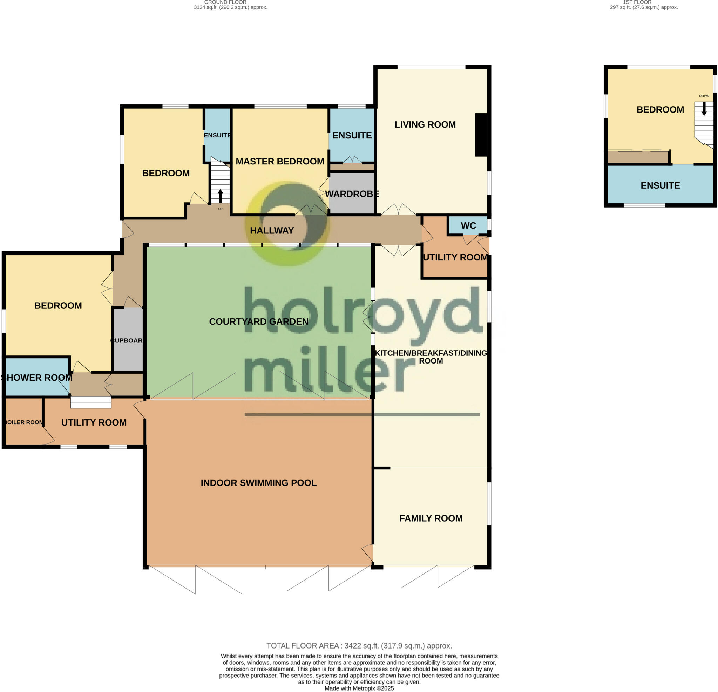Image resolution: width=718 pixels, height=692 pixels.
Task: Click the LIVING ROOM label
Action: pos(425,124)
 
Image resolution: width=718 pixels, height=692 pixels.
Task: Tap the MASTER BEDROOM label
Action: pos(280,161)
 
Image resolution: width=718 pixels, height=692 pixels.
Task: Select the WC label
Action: pos(468,226)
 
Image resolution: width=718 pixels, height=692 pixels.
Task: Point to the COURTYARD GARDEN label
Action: pos(259,322)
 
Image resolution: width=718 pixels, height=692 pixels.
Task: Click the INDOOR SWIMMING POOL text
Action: pos(259,483)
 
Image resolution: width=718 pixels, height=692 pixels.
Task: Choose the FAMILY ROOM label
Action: pos(431,518)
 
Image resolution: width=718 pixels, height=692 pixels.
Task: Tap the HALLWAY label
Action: pos(272,230)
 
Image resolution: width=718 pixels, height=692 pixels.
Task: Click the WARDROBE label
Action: pos(352,194)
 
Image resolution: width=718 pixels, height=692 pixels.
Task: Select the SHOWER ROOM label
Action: pos(36,378)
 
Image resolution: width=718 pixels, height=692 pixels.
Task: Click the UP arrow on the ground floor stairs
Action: pos(220,196)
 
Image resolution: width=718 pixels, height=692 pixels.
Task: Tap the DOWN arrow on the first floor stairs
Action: pos(704,108)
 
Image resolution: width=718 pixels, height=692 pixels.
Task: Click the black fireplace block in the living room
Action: pos(481,135)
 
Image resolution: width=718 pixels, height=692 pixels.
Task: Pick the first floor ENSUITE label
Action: pos(660,185)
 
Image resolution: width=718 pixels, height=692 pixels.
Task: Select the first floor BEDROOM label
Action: pos(660,109)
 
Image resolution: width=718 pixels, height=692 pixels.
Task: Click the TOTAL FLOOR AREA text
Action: pos(359,646)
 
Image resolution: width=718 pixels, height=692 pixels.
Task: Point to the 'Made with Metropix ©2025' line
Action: pos(359,688)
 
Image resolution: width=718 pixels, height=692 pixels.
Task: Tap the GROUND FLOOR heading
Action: pos(225,2)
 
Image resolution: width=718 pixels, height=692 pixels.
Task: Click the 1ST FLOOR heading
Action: pos(637,2)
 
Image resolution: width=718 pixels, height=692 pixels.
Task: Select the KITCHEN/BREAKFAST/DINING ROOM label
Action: pos(431,357)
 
